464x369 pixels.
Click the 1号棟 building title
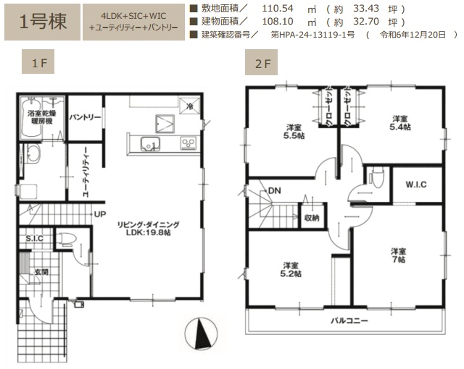pyautogui.click(x=43, y=22)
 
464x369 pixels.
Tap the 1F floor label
pyautogui.click(x=39, y=62)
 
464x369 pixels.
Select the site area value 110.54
pyautogui.click(x=278, y=9)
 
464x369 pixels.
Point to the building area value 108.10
pyautogui.click(x=278, y=22)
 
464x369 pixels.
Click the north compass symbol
pyautogui.click(x=201, y=334)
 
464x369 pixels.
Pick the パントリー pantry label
pyautogui.click(x=85, y=117)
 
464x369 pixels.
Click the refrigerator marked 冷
pyautogui.click(x=189, y=105)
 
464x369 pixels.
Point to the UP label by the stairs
pyautogui.click(x=100, y=214)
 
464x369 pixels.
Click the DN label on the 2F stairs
pyautogui.click(x=274, y=191)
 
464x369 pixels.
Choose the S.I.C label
pyautogui.click(x=34, y=238)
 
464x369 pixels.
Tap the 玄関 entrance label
pyautogui.click(x=41, y=272)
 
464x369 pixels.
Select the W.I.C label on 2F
pyautogui.click(x=415, y=184)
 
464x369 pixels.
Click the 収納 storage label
pyautogui.click(x=312, y=218)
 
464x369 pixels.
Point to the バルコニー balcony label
pyautogui.click(x=349, y=321)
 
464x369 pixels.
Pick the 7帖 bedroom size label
pyautogui.click(x=399, y=260)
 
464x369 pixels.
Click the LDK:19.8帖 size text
pyautogui.click(x=148, y=232)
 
